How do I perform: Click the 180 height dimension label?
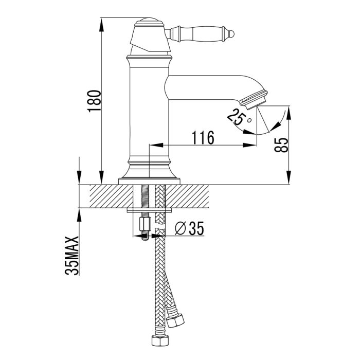pos(94,101)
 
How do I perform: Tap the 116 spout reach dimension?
pos(203,137)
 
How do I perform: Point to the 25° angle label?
pos(239,117)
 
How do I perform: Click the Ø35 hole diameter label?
pos(189,228)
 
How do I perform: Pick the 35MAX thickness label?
pos(72,256)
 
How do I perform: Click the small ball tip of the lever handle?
pos(232,34)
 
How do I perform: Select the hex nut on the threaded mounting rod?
pos(145,224)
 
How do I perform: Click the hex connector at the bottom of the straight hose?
pos(160,340)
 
